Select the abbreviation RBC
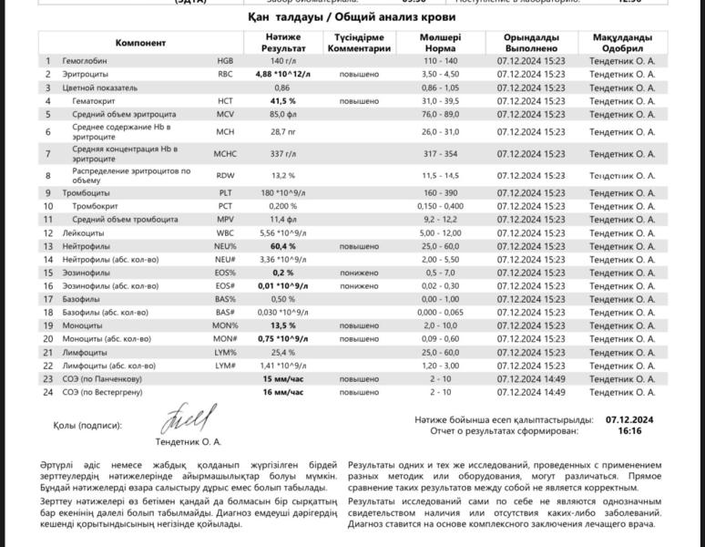(225, 73)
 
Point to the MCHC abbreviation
(225, 154)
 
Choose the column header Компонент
(140, 43)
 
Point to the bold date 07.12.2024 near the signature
(629, 419)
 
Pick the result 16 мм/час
(283, 392)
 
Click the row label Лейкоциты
(82, 233)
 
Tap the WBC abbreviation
(225, 233)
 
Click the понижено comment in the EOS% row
(359, 273)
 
